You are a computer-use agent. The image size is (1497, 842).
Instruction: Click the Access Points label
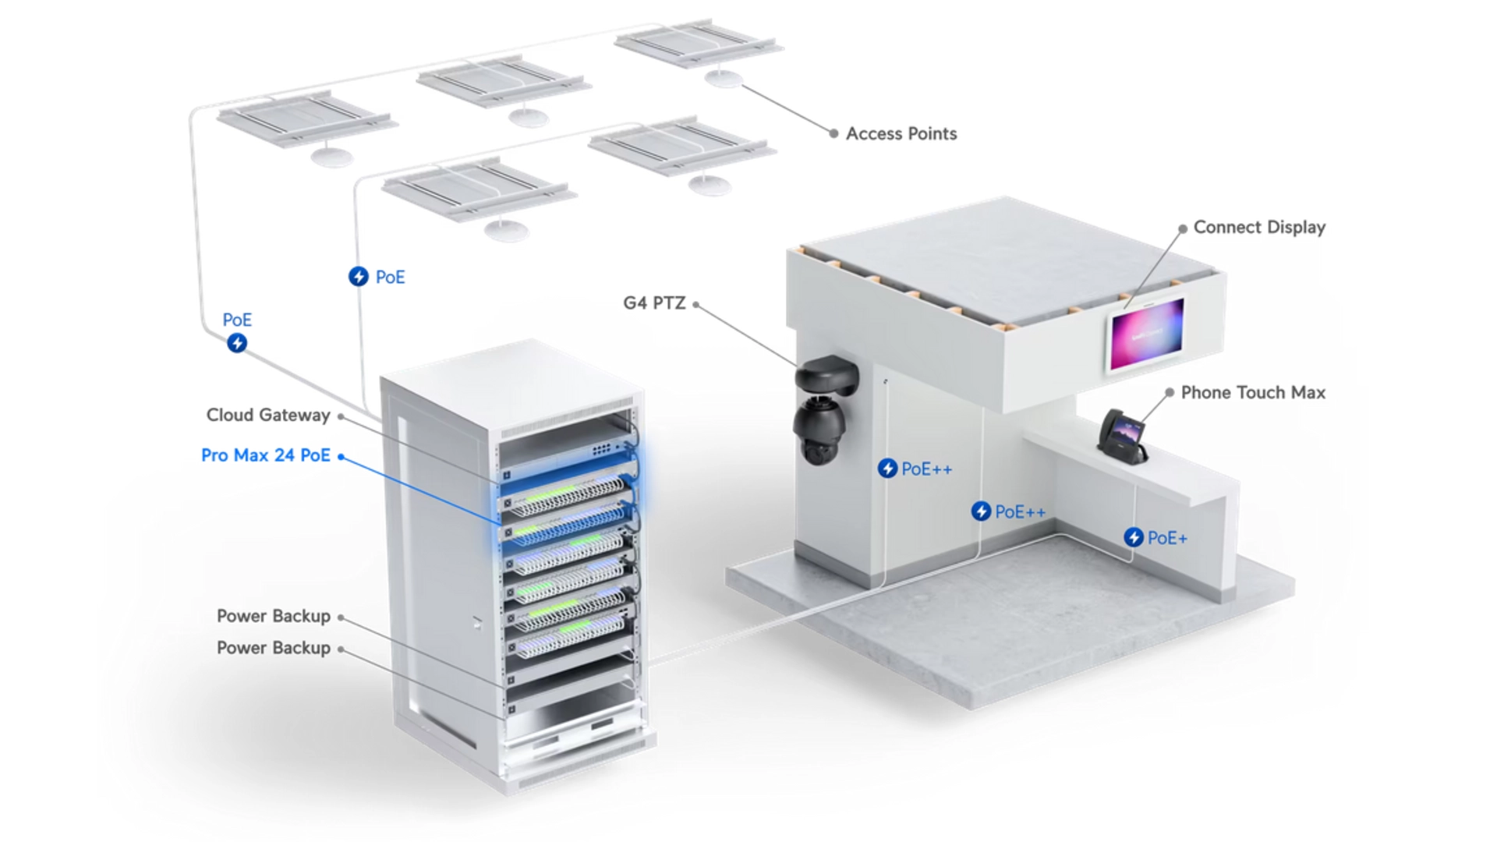pos(901,134)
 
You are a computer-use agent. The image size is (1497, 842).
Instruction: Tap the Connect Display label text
pos(1259,228)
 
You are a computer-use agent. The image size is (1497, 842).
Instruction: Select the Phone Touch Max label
pos(1253,392)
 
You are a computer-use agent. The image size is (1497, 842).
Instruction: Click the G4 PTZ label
pos(654,303)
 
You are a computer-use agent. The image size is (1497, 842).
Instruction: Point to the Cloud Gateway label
pos(268,415)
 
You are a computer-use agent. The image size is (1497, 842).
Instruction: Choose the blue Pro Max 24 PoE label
pos(266,455)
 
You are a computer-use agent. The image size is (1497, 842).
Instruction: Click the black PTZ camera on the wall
pos(825,409)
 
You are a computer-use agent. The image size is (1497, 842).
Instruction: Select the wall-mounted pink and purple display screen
pos(1145,335)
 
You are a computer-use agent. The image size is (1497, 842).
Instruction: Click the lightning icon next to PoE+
pos(1134,537)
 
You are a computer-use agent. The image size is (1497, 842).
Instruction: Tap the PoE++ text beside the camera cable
pos(927,469)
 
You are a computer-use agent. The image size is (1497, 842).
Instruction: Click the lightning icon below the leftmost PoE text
pos(237,343)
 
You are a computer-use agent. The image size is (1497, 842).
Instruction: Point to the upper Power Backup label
pos(274,616)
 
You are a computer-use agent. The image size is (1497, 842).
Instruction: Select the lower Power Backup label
pos(274,648)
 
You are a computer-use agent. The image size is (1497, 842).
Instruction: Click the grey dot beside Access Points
pos(833,134)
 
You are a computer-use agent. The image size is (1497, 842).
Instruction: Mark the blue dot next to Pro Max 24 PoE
pos(341,456)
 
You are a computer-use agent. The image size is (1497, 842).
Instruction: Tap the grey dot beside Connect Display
pos(1183,228)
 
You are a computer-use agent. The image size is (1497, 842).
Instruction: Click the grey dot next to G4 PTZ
pos(695,304)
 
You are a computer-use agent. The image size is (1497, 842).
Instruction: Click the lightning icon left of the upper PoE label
pos(359,277)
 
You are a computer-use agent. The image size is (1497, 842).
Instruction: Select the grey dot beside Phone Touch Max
pos(1170,392)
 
